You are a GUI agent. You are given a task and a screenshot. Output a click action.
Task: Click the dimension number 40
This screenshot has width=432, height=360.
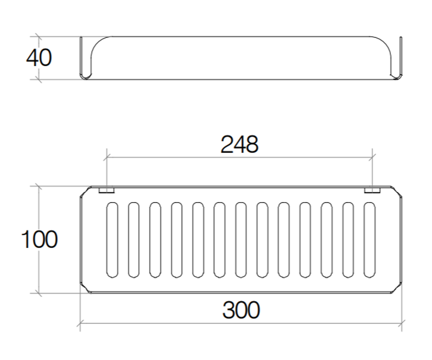(x=39, y=58)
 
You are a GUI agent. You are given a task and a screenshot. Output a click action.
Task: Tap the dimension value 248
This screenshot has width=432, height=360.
(x=240, y=144)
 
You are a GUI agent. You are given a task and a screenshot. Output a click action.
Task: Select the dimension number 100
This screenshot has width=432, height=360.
(x=39, y=239)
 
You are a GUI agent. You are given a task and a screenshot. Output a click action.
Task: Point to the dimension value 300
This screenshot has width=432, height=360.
(x=241, y=310)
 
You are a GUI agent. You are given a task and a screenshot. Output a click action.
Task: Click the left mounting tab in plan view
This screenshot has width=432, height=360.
(x=106, y=190)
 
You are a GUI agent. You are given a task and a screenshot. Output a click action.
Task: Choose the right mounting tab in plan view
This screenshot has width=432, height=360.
(x=372, y=190)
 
